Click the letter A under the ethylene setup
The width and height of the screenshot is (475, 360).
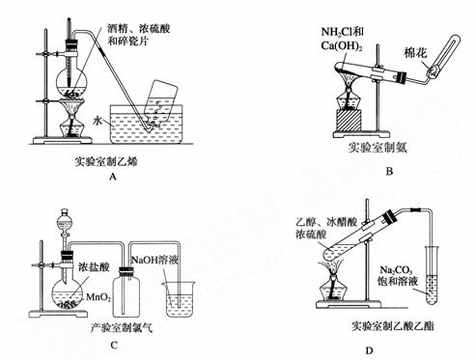(x=112, y=177)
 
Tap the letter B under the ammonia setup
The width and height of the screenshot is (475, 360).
(x=389, y=171)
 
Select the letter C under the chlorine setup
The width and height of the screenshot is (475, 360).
(x=113, y=346)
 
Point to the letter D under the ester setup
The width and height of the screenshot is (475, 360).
(x=369, y=350)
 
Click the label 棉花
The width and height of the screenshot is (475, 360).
(x=415, y=53)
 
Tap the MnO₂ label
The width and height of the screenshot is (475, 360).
(x=98, y=297)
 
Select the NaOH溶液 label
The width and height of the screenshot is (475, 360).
(x=154, y=260)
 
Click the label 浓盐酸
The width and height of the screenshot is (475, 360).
(x=94, y=266)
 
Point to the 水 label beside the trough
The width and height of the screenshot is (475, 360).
(x=98, y=122)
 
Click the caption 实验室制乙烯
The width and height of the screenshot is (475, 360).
(x=106, y=161)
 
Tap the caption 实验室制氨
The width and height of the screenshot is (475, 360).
(x=377, y=148)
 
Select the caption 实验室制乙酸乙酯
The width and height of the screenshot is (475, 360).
(x=393, y=326)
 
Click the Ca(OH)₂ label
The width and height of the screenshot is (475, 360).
(x=342, y=46)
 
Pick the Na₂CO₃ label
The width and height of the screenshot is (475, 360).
(x=396, y=269)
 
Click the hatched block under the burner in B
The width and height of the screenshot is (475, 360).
(x=349, y=120)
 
